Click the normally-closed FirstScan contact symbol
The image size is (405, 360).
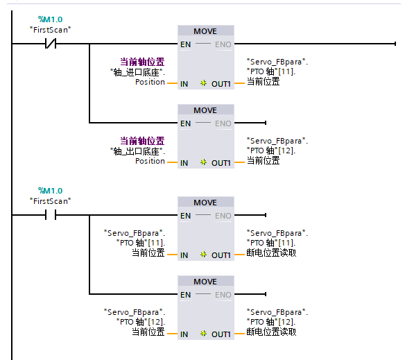(x=51, y=44)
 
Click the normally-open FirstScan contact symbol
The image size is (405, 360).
(x=51, y=215)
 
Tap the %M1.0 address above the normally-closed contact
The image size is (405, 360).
(x=51, y=19)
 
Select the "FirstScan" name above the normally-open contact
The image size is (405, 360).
(x=51, y=201)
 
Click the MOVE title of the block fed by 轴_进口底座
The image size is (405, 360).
(x=205, y=31)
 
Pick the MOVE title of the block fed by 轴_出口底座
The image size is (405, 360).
(x=205, y=110)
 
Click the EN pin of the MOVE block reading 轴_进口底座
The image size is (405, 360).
(x=185, y=44)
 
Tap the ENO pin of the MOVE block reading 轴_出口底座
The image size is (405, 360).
(x=223, y=123)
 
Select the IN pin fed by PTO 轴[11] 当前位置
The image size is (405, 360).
(x=184, y=255)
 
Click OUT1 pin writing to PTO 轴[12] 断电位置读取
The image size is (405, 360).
(x=221, y=334)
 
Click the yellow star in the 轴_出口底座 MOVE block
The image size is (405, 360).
(x=203, y=162)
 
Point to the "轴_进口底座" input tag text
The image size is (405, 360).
(x=138, y=72)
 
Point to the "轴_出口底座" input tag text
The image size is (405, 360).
(x=138, y=151)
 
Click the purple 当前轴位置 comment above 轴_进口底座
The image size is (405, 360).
(x=142, y=62)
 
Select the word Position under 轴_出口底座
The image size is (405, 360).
(x=150, y=161)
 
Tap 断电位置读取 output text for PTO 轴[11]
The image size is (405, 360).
(x=271, y=252)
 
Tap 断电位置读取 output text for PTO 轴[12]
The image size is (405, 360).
(x=271, y=332)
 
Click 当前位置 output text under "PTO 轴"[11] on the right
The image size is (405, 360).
(x=264, y=81)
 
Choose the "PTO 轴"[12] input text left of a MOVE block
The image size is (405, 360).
(x=141, y=322)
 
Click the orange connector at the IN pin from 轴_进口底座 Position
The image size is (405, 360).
(x=172, y=83)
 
